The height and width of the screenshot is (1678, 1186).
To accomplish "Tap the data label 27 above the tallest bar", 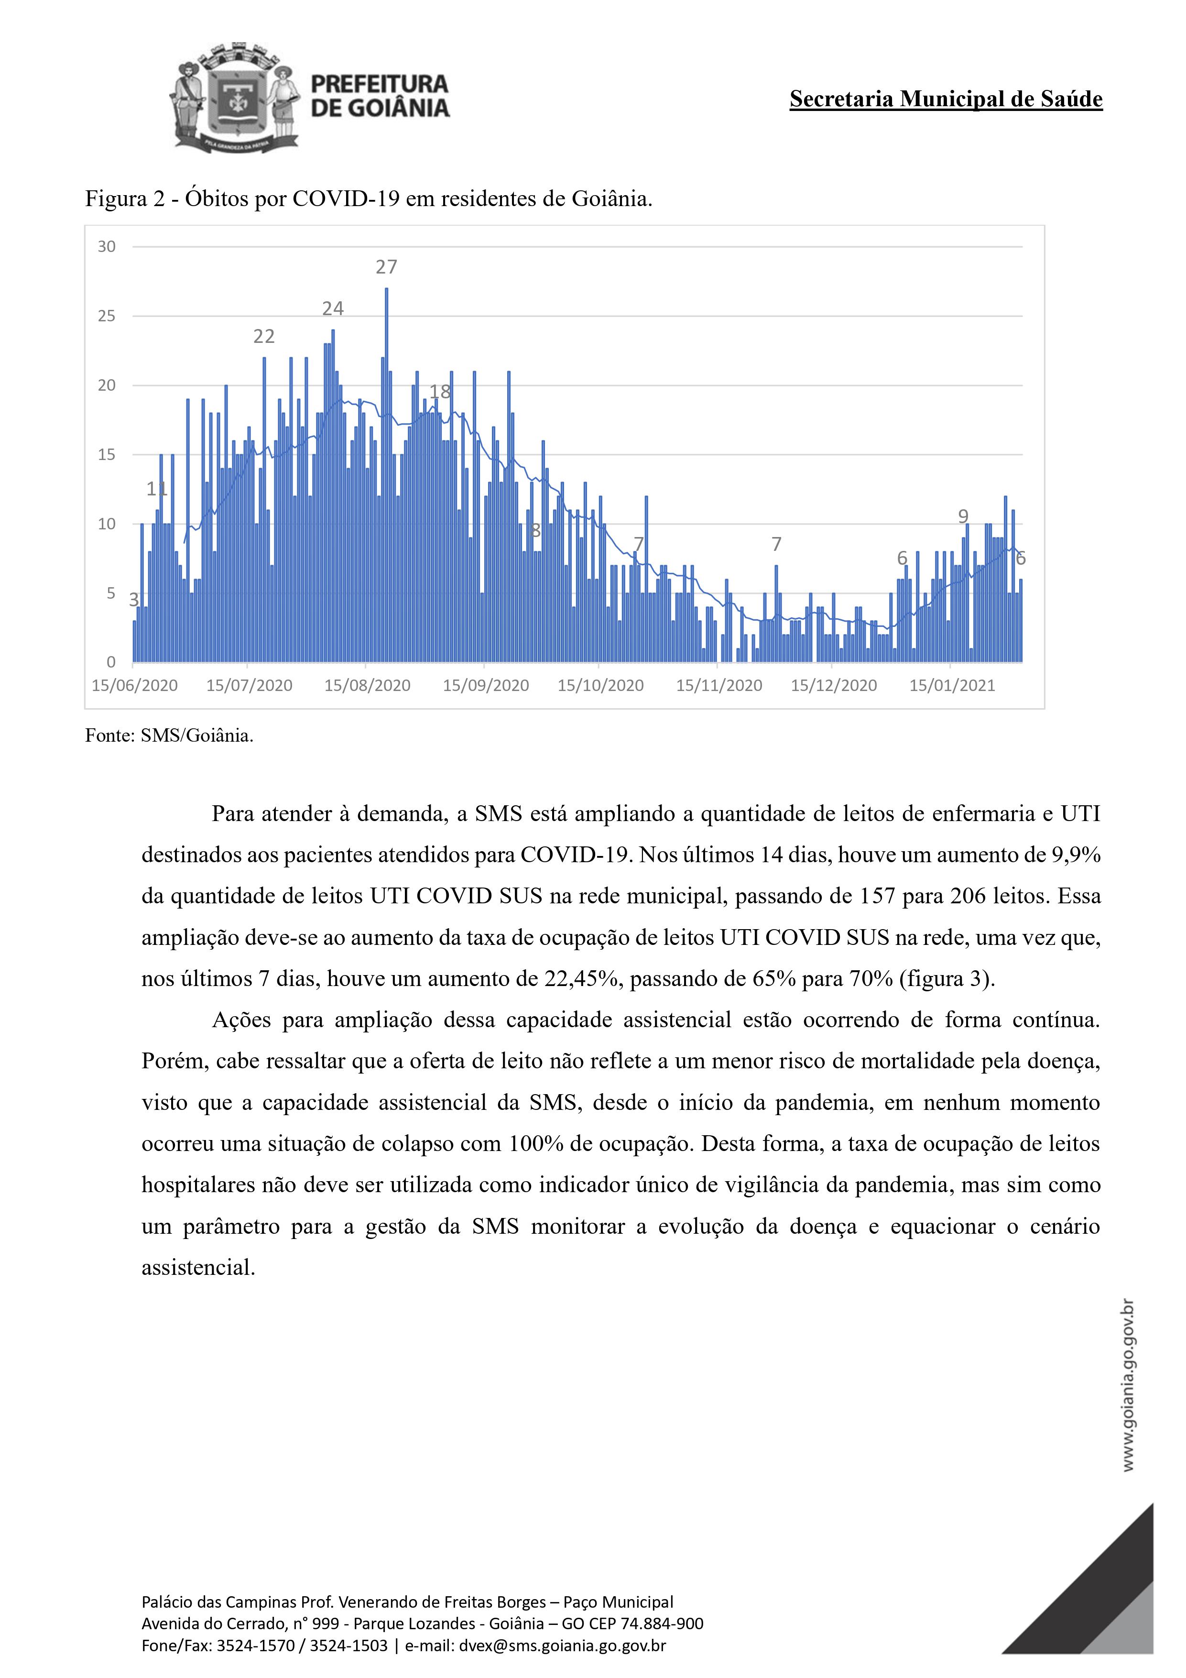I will [387, 267].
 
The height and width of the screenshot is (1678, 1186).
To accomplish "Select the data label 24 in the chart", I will [333, 308].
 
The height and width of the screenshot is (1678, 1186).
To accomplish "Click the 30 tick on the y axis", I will [107, 247].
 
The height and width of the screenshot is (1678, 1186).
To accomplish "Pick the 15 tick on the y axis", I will [107, 455].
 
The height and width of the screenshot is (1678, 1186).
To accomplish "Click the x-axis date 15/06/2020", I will [134, 686].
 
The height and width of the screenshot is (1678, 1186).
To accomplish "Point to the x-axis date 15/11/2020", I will [719, 686].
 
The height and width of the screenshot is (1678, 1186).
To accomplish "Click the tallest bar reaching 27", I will [387, 475].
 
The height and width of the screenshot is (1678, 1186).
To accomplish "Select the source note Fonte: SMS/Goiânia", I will [170, 735].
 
